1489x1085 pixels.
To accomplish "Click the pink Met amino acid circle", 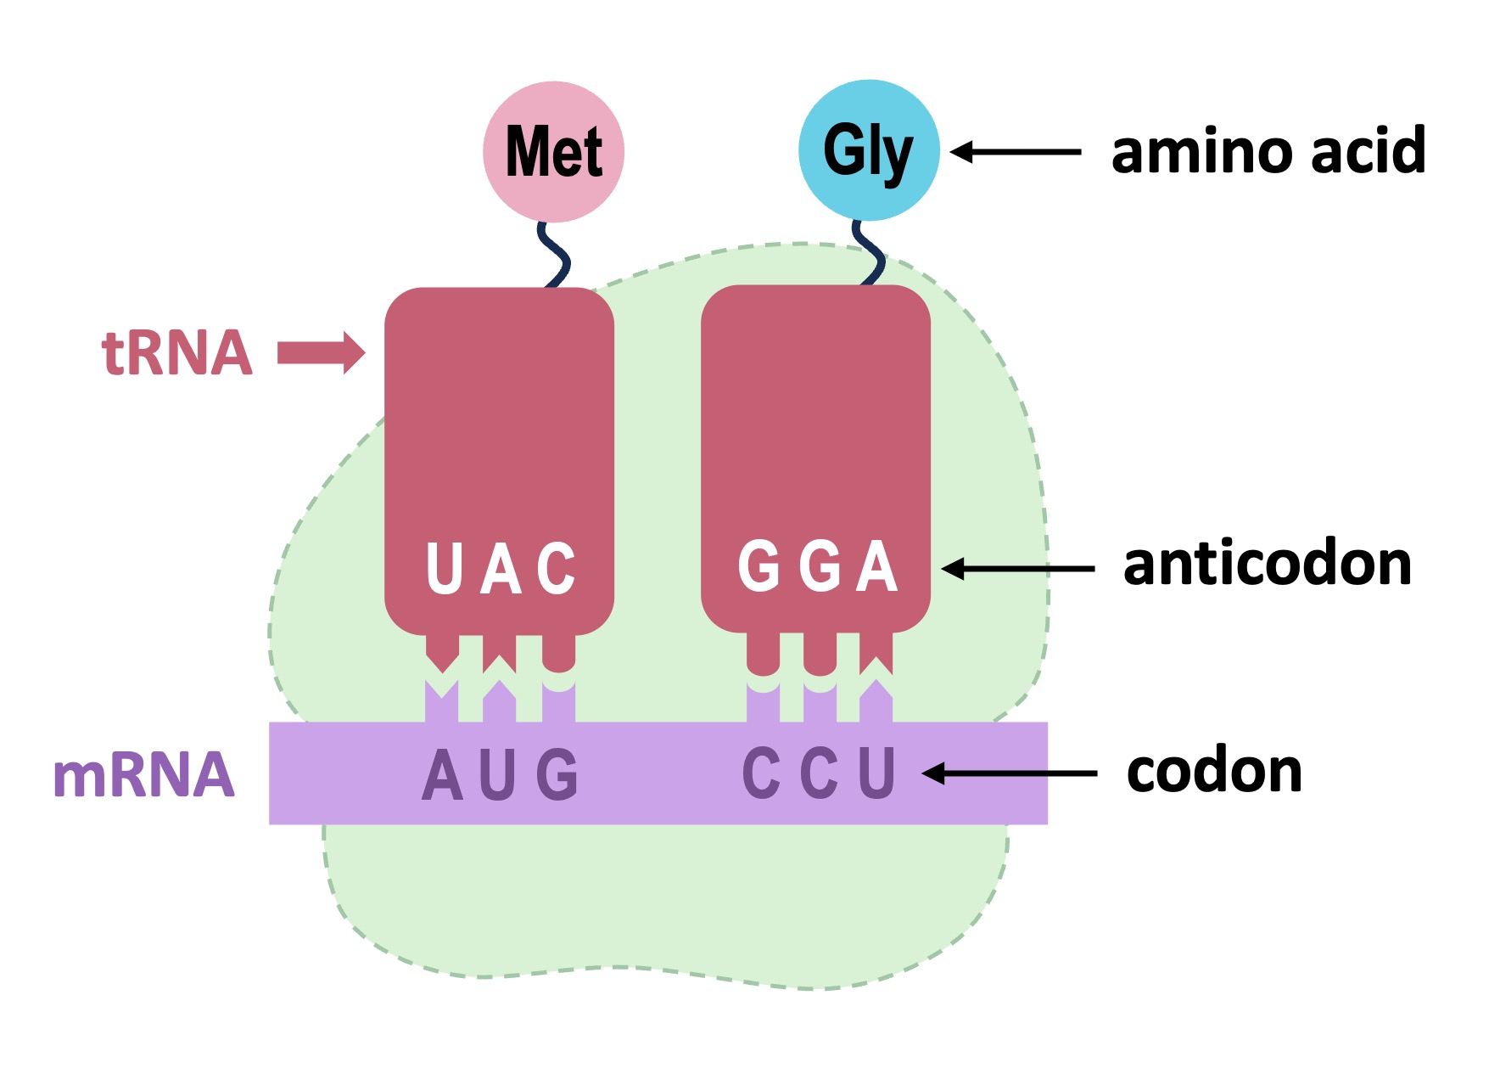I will [553, 151].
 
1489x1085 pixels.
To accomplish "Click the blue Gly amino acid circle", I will [868, 150].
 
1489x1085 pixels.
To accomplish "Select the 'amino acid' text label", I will [1268, 151].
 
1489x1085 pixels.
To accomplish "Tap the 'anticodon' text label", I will [1267, 565].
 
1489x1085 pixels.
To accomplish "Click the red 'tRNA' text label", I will [177, 352].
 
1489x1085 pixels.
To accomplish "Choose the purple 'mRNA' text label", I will [143, 775].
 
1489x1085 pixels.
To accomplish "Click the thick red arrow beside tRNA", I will [322, 352].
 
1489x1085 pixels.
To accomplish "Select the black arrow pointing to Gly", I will [1015, 152].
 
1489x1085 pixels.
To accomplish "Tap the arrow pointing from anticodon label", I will [1017, 568].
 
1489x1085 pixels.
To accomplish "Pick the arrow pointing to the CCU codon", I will [1009, 773].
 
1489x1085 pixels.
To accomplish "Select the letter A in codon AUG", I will [442, 774].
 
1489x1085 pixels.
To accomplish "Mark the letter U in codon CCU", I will [877, 773].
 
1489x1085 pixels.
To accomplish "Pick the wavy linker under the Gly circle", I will [869, 252].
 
